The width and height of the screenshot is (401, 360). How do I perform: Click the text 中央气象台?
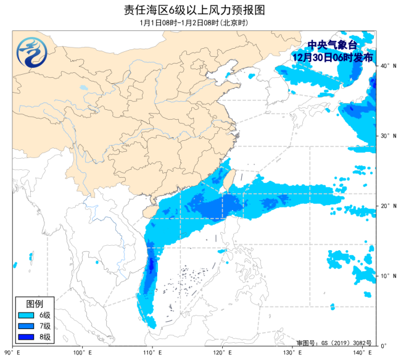click(x=333, y=45)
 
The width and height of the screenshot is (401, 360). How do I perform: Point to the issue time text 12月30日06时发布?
click(x=333, y=57)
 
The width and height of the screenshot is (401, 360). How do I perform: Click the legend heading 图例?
click(x=35, y=304)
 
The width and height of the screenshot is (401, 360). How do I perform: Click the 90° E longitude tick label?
click(x=12, y=353)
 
